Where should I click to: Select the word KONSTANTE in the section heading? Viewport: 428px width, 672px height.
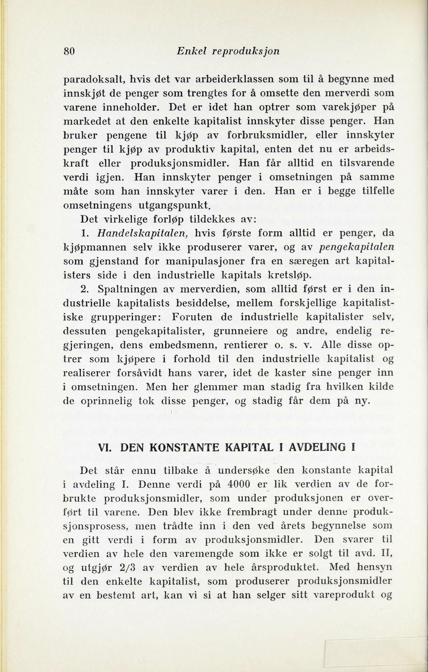tap(186, 448)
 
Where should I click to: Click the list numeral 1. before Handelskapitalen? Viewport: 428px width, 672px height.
tap(84, 233)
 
